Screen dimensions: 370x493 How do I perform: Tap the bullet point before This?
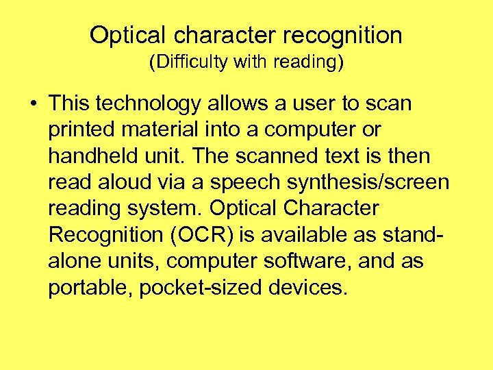[34, 104]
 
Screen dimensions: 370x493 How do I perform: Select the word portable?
[89, 287]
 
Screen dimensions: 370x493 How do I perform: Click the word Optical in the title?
[127, 35]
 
